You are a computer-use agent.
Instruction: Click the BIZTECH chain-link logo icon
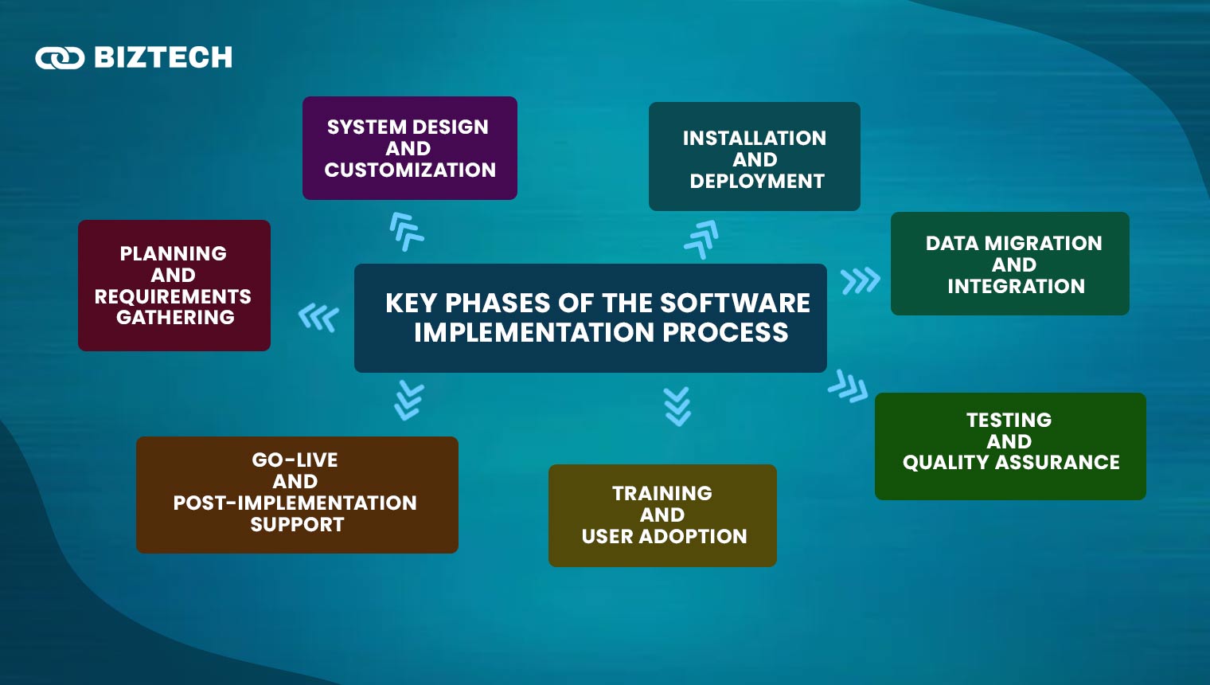60,58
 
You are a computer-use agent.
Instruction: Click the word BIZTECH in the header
163,58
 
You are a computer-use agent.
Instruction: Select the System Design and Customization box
409,148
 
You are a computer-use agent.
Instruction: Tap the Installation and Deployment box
754,157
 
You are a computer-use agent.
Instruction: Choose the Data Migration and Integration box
1009,264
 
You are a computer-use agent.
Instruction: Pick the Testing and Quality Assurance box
1009,446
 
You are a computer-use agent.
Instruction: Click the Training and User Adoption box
662,515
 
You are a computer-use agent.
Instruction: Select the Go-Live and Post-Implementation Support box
297,495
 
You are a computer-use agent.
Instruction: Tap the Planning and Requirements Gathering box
174,285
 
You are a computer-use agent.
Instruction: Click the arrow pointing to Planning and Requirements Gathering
318,318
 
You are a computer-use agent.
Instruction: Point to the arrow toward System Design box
406,231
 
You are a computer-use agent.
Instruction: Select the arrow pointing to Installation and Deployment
701,238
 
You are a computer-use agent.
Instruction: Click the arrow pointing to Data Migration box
860,280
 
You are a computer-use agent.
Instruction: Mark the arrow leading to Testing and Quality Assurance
848,386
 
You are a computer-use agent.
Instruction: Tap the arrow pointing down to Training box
677,406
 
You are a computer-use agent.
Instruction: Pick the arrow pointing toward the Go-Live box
409,400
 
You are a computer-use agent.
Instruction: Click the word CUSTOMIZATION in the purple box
410,170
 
